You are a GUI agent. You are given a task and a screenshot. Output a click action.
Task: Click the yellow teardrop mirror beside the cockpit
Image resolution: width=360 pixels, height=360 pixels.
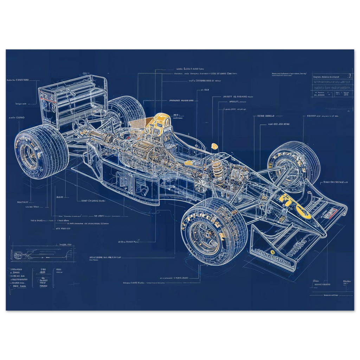point(214,146)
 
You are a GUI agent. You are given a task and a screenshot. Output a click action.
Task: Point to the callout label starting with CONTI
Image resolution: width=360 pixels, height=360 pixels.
point(18,80)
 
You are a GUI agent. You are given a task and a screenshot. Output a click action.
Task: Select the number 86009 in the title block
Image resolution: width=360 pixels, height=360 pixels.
point(320,94)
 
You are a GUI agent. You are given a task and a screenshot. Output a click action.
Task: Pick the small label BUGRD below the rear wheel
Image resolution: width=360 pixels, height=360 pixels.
point(59,197)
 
